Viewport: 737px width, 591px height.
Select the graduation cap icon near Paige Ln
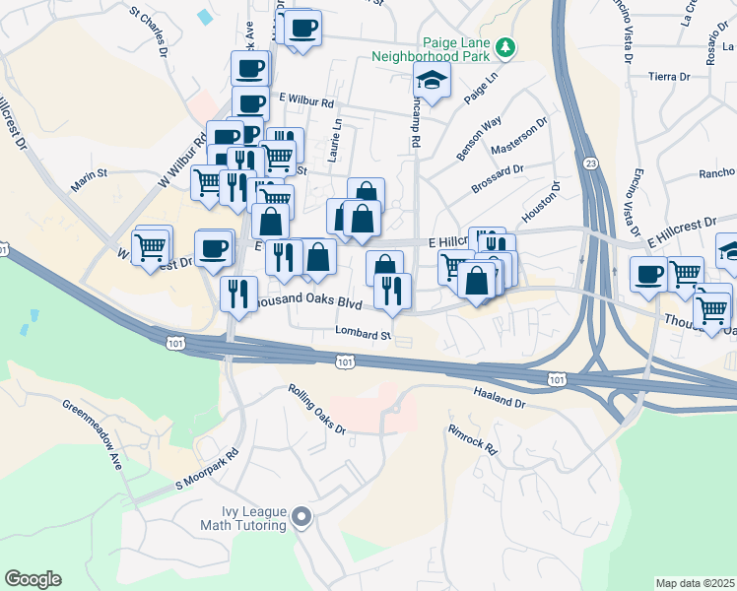point(432,83)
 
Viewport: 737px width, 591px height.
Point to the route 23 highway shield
point(588,163)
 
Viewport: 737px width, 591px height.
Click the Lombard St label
point(363,335)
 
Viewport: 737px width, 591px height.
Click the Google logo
point(33,579)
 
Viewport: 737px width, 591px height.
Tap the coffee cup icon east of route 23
point(648,275)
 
